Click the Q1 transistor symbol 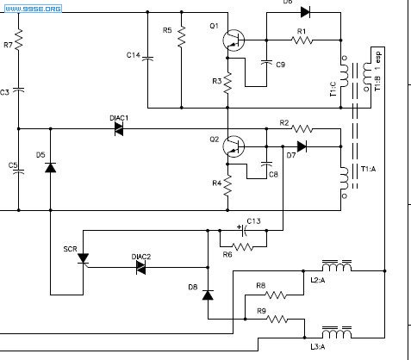[x=234, y=40]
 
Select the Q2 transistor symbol [x=234, y=146]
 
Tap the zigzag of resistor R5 [x=182, y=37]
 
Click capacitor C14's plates [x=147, y=59]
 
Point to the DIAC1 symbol [x=119, y=129]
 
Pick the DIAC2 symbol [x=140, y=268]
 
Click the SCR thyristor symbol [x=84, y=258]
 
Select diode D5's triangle [x=51, y=168]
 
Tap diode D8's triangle [x=208, y=295]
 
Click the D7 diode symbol [x=302, y=146]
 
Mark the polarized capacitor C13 [x=244, y=230]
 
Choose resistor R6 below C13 [x=243, y=246]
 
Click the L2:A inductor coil [x=337, y=266]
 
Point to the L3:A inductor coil [x=337, y=332]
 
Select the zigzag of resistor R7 [x=19, y=40]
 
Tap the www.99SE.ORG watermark [x=33, y=9]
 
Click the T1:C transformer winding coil [x=344, y=74]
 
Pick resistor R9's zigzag [x=277, y=319]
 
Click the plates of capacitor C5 [x=19, y=171]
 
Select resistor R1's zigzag [x=302, y=40]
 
